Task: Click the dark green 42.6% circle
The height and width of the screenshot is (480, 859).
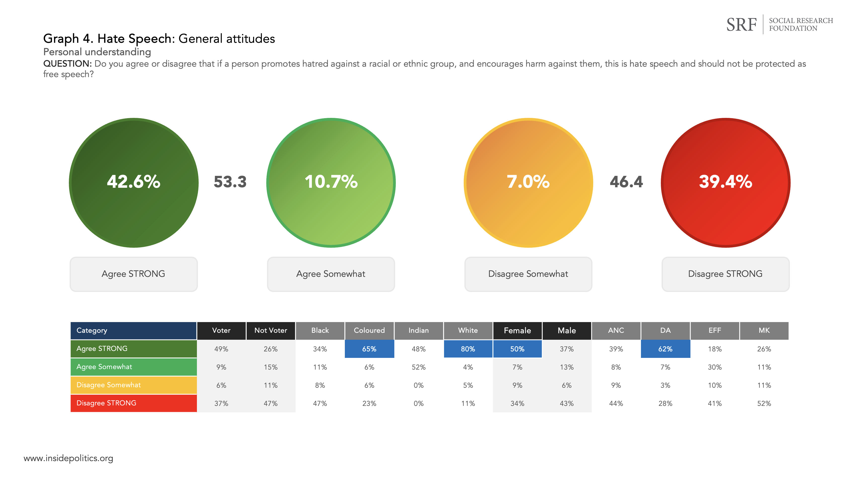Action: coord(134,183)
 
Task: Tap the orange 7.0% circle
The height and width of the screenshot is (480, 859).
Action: coord(528,183)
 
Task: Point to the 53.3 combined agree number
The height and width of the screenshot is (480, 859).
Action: coord(230,182)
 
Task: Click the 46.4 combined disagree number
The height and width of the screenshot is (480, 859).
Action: coord(626,182)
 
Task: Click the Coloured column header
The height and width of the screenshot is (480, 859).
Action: coord(369,330)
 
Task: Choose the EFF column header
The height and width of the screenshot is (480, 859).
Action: coord(715,330)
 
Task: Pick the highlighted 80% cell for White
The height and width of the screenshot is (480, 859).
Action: coord(468,349)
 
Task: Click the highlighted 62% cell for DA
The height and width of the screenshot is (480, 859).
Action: coord(665,349)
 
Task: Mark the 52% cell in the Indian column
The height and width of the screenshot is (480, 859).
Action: coord(418,367)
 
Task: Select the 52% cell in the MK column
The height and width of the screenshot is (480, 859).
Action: coord(764,403)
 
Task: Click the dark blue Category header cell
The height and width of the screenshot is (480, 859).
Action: coord(133,330)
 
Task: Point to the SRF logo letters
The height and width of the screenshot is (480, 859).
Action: coord(741,25)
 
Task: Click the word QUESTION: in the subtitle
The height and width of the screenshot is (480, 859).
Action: coord(67,64)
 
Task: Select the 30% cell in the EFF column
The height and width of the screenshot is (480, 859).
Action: coord(715,367)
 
